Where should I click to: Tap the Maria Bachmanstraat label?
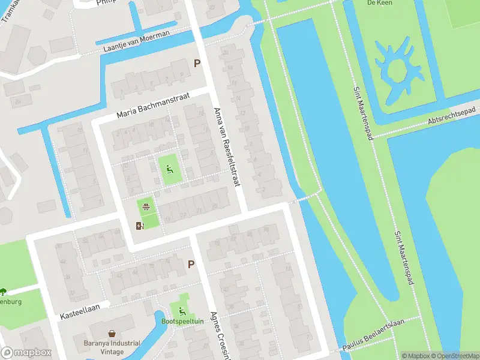(153, 104)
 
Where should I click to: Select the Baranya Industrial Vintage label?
(112, 347)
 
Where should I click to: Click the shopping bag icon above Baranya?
(112, 334)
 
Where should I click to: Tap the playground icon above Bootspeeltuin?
(182, 310)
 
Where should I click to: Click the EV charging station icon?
(140, 226)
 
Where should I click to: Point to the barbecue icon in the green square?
(145, 208)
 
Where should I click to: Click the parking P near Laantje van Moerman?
(196, 64)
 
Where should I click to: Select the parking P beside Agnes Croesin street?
(191, 264)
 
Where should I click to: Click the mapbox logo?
(26, 353)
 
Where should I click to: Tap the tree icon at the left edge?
(3, 291)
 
